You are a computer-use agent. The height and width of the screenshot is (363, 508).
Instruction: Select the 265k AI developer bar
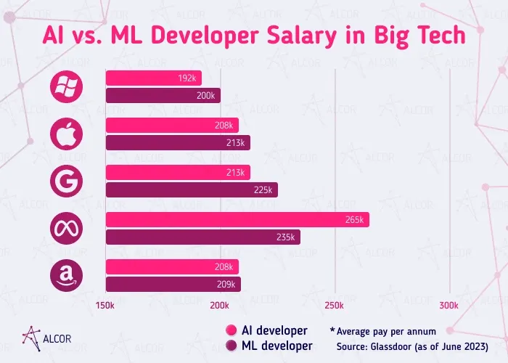click(x=237, y=219)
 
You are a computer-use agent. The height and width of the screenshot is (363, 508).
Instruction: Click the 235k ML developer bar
click(x=203, y=237)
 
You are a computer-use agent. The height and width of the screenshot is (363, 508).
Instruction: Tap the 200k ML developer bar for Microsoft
click(x=163, y=96)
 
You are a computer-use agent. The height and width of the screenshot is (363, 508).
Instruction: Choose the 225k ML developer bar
click(x=192, y=190)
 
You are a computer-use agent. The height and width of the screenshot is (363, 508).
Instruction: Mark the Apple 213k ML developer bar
click(x=178, y=142)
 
